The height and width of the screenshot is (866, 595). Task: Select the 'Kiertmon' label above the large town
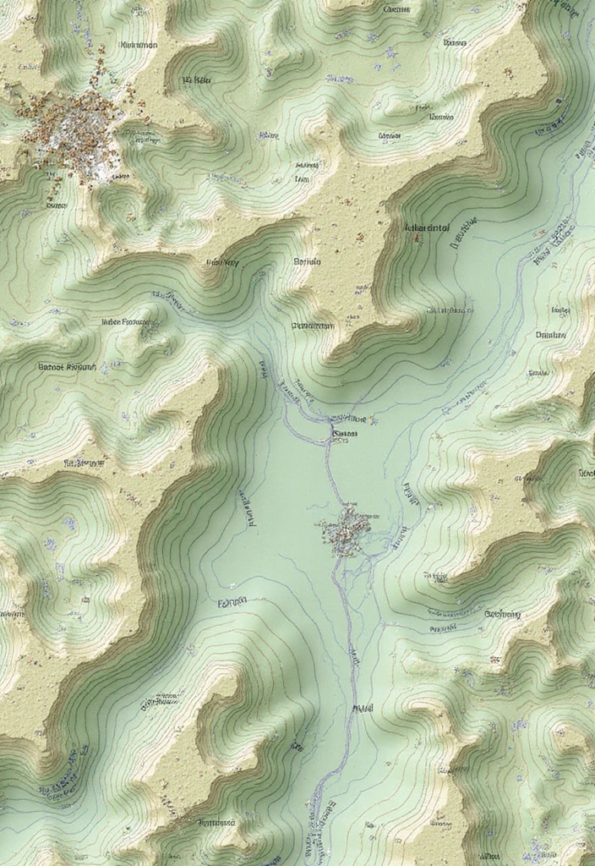click(139, 46)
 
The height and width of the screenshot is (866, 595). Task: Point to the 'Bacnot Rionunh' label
click(68, 367)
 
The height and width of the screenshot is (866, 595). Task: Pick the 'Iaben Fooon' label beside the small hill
click(124, 322)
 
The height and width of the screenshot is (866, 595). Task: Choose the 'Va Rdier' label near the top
click(195, 81)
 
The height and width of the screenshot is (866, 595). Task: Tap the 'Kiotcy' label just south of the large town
click(57, 204)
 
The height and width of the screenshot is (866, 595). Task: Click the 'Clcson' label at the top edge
click(396, 10)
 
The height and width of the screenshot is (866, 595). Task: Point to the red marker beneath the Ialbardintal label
click(416, 239)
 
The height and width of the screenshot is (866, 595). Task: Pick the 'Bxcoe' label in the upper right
click(455, 41)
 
